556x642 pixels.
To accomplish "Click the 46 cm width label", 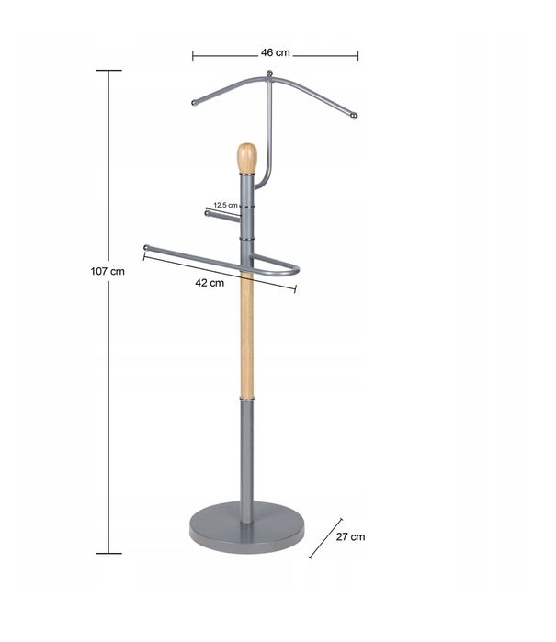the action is point(276,53).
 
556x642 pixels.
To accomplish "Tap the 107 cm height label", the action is point(108,271).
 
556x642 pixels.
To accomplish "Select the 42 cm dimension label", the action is point(210,283).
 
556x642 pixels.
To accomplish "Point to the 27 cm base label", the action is point(350,536).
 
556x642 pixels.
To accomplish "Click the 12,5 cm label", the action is point(225,205).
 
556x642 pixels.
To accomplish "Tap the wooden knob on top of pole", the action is point(246,158).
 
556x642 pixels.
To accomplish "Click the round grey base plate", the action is point(246,527).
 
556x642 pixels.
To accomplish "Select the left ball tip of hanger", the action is point(194,102).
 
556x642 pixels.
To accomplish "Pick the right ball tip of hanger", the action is point(354,116).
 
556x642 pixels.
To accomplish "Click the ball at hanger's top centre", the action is point(269,73).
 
